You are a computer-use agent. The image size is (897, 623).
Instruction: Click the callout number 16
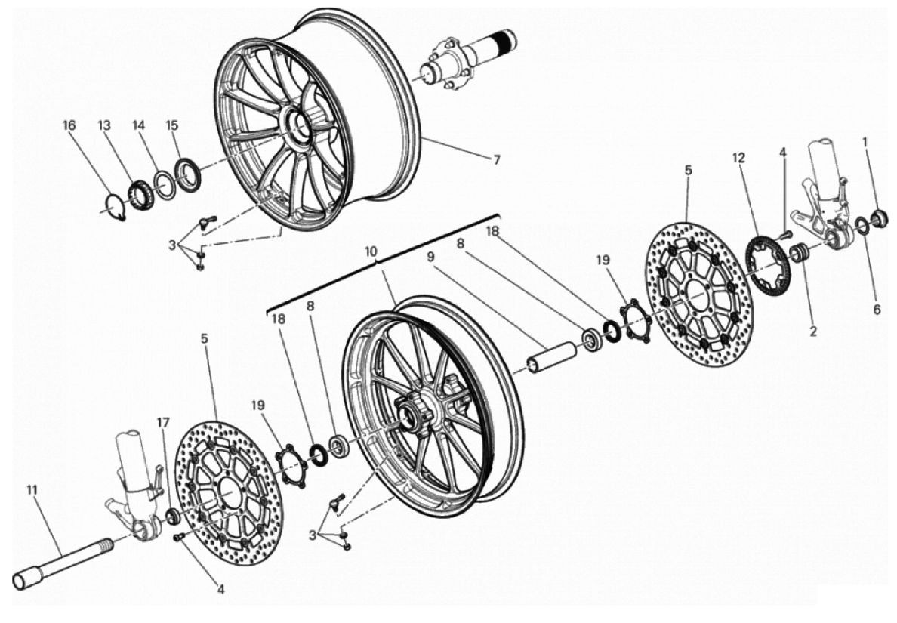69,125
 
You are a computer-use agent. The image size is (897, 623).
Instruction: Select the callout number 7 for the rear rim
496,159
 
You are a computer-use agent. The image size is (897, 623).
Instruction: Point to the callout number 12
738,158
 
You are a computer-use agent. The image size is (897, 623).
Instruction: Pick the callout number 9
430,257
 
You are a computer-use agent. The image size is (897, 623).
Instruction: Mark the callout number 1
865,141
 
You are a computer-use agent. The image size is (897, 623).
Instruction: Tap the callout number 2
814,330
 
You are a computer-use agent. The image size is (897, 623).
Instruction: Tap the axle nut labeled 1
878,218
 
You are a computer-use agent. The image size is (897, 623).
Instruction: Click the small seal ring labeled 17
173,517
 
